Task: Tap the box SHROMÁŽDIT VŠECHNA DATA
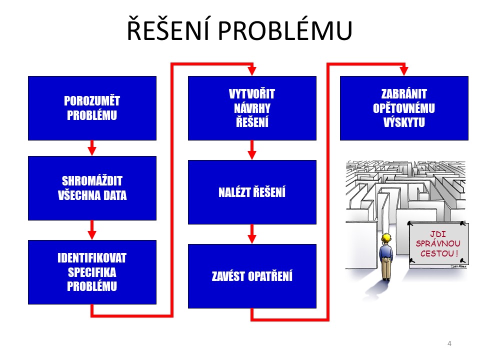click(92, 188)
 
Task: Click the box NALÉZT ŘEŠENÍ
click(252, 192)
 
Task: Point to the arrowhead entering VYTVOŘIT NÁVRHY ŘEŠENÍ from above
click(252, 71)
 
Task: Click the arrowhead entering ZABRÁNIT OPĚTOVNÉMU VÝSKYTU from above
click(404, 71)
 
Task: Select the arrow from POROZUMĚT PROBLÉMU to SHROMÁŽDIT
click(92, 148)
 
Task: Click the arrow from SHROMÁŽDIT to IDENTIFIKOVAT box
click(92, 230)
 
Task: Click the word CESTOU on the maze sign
click(434, 254)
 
